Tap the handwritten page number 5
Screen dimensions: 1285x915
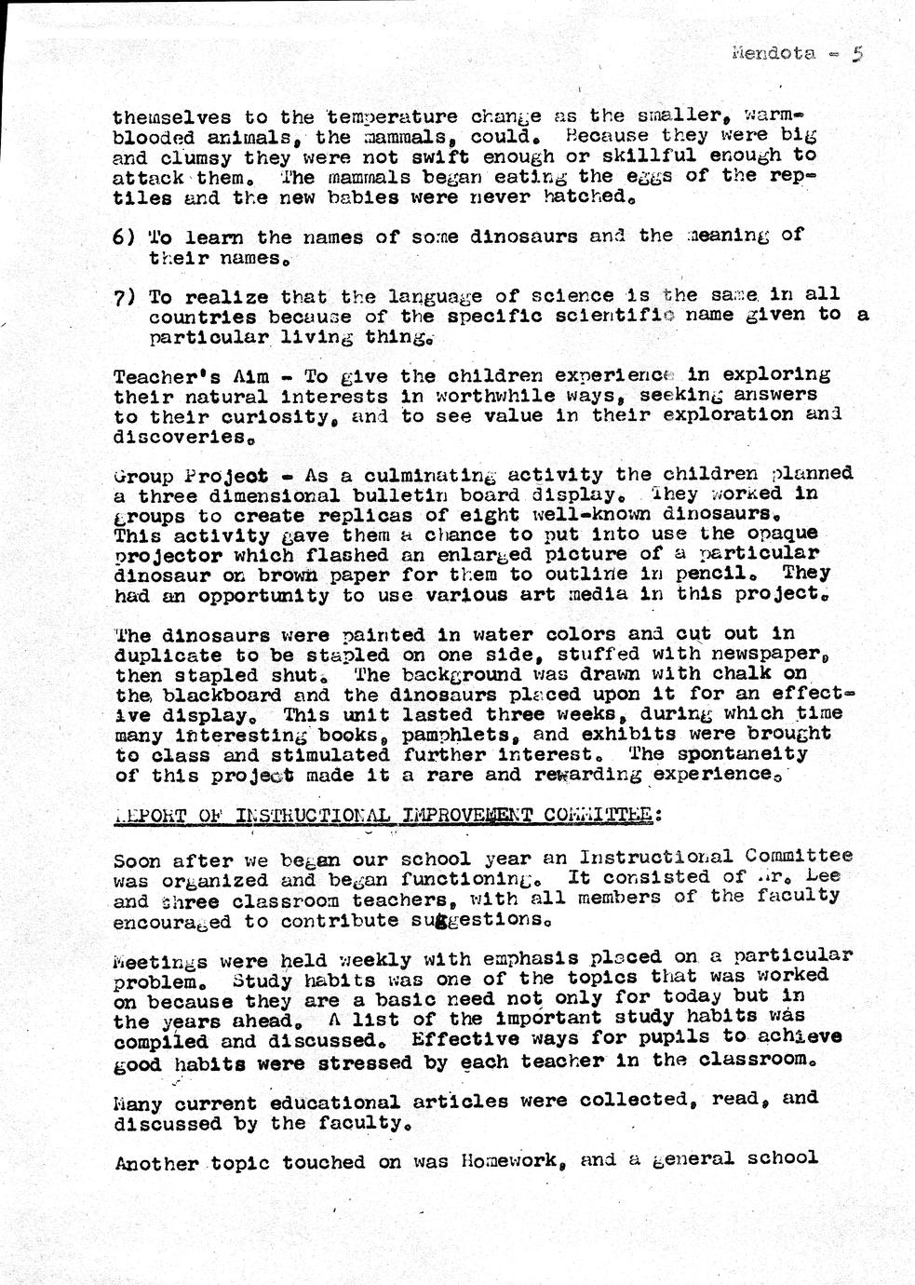[858, 53]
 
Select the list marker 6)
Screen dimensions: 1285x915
[124, 237]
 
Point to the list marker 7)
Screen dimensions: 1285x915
[124, 297]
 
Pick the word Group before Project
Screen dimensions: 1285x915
[142, 475]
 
